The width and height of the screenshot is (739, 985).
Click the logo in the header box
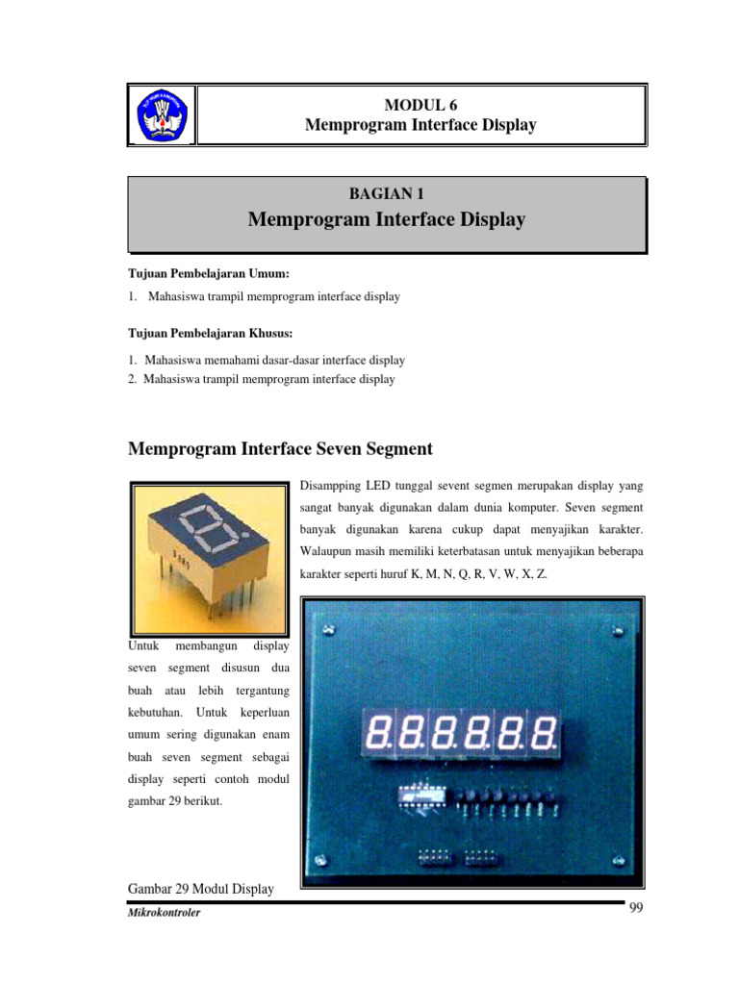[x=162, y=115]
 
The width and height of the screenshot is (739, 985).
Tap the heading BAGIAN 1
[x=386, y=193]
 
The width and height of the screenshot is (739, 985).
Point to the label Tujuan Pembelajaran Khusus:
[x=196, y=333]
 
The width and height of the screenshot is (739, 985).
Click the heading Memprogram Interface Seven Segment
[x=281, y=448]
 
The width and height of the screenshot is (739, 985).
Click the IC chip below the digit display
[x=421, y=796]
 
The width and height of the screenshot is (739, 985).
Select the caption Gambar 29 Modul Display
[x=201, y=889]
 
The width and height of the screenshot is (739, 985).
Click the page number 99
[x=635, y=910]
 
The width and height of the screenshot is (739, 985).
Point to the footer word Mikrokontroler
[x=164, y=912]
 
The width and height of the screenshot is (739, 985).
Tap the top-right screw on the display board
[x=617, y=632]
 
